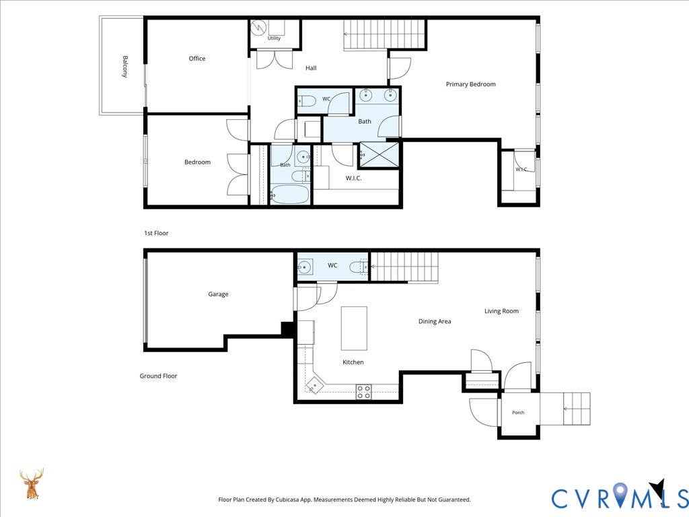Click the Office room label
pyautogui.click(x=197, y=59)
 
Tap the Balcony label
pyautogui.click(x=125, y=67)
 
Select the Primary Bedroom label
pyautogui.click(x=470, y=84)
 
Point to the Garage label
pyautogui.click(x=218, y=294)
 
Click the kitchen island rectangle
pyautogui.click(x=354, y=329)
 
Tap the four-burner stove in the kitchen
pyautogui.click(x=363, y=392)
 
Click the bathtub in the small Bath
pyautogui.click(x=289, y=194)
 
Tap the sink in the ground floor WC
pyautogui.click(x=305, y=267)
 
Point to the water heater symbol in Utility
pyautogui.click(x=258, y=28)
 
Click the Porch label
pyautogui.click(x=518, y=413)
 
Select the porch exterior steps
pyautogui.click(x=577, y=409)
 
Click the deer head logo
pyautogui.click(x=32, y=484)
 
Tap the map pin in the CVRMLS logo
pyautogui.click(x=620, y=493)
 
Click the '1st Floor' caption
pyautogui.click(x=156, y=233)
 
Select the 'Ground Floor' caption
pyautogui.click(x=158, y=376)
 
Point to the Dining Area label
pyautogui.click(x=435, y=321)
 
